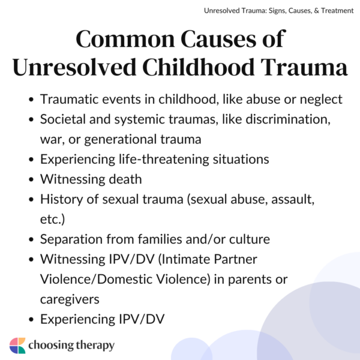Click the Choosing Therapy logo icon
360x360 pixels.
coord(17,346)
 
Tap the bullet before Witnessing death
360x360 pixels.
coord(31,179)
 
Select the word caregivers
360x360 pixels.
coord(70,298)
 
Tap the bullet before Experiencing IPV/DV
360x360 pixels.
coord(31,318)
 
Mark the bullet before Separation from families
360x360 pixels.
coord(31,239)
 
